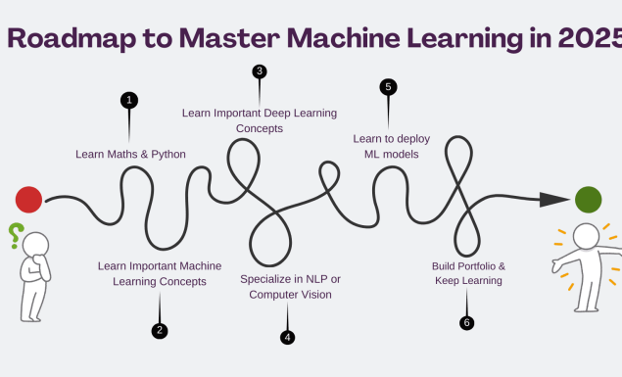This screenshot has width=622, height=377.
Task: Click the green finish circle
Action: pos(588,199)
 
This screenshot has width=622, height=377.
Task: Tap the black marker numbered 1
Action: pos(129,100)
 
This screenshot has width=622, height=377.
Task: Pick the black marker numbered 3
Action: pos(260,71)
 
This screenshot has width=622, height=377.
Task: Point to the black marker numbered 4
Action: pos(287,337)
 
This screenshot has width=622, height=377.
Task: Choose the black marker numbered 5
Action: pos(388,87)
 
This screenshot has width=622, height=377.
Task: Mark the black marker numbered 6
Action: pos(466,322)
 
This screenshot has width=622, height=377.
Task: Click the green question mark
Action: pos(15,235)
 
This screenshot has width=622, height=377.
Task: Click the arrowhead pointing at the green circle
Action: pos(555,199)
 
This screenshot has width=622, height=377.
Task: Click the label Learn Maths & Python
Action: pos(130,154)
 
